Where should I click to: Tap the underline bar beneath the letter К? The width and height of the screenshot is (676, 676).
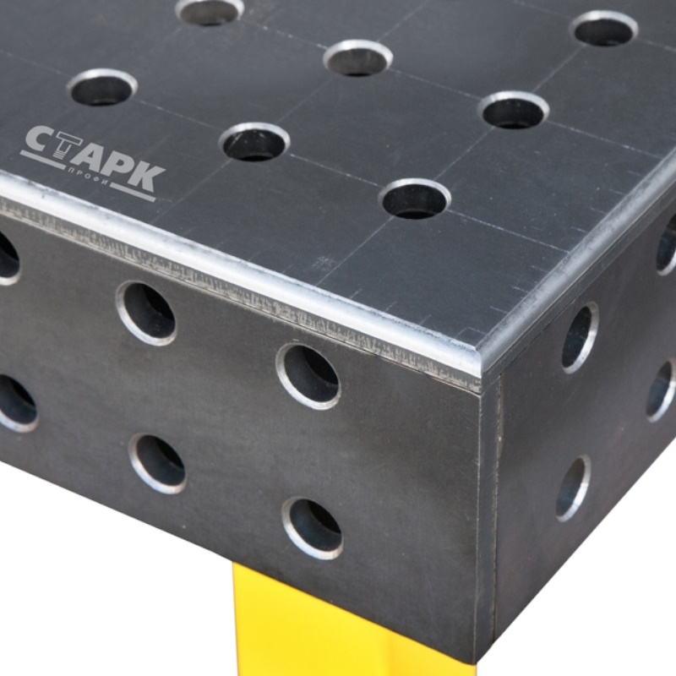(133, 193)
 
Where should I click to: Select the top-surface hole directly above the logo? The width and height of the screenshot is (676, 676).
(102, 87)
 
